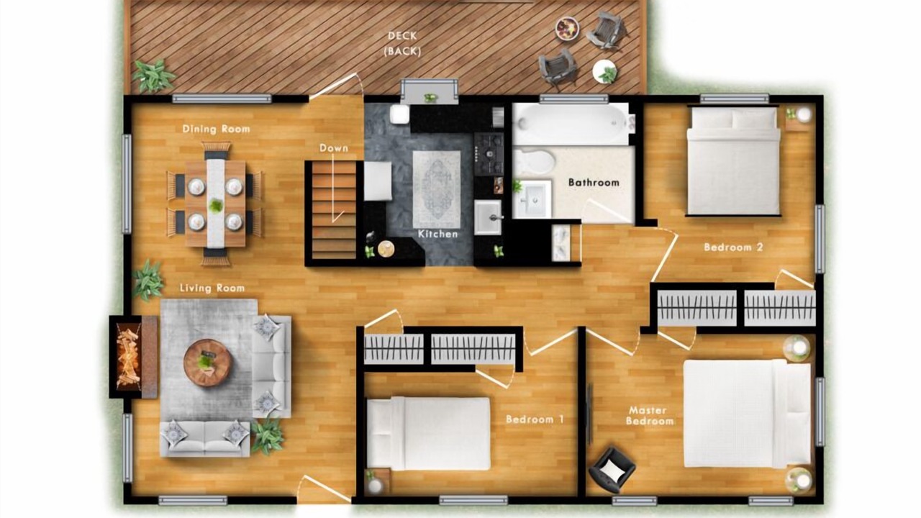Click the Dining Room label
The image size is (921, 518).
[x=217, y=129]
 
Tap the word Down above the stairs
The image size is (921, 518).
[x=334, y=148]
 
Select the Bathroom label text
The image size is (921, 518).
[x=594, y=183]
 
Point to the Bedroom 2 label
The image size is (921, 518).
[x=733, y=247]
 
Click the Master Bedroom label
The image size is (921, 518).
[x=649, y=416]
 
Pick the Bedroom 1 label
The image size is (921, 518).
[x=535, y=419]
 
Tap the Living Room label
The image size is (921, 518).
[x=212, y=288]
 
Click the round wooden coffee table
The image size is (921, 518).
[x=208, y=363]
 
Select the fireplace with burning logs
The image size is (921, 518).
[x=133, y=357]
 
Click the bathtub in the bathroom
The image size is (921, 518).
[x=574, y=123]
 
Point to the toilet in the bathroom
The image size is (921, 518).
[x=533, y=162]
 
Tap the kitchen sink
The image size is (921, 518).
[x=488, y=217]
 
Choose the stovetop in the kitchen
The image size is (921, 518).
[x=489, y=154]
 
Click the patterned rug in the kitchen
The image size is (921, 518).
[x=437, y=189]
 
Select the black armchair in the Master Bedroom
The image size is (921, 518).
[x=612, y=470]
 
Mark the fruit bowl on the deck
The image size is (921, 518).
[x=568, y=28]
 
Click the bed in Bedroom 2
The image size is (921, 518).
[x=733, y=160]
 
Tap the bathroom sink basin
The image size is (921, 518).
[x=532, y=200]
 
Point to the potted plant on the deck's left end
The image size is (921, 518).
[x=153, y=76]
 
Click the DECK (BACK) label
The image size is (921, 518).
[x=402, y=44]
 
